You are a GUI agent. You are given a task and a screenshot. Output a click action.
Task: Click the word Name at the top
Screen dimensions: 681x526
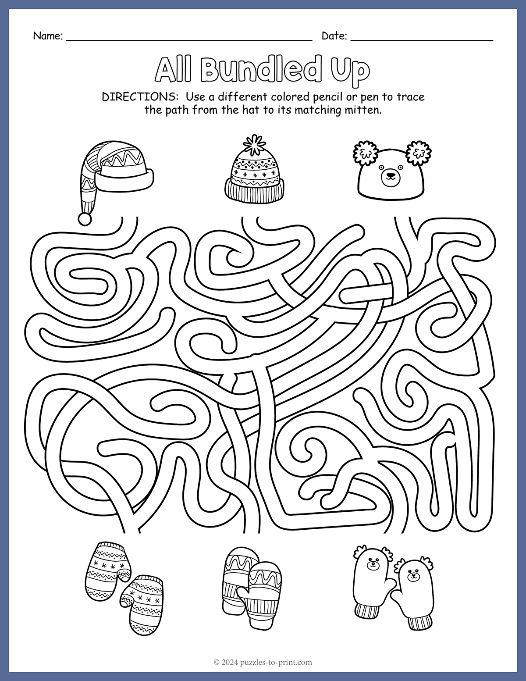point(47,36)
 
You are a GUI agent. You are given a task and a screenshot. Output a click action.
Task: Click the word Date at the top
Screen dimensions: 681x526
point(334,36)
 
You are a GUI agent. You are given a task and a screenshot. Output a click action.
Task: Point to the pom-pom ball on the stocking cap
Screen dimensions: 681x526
point(85,218)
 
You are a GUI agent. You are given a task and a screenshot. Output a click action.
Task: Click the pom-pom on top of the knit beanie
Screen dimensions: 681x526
point(254,145)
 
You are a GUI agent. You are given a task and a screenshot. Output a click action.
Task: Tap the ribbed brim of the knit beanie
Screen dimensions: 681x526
point(254,191)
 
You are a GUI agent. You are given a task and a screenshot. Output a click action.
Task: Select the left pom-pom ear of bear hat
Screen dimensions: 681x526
point(366,153)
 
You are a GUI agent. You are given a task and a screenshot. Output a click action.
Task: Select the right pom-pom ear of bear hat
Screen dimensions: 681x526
point(419,153)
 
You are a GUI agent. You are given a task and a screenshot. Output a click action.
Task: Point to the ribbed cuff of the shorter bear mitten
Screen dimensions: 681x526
point(419,622)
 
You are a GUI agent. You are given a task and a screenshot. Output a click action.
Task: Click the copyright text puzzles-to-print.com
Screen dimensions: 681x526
point(276,663)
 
